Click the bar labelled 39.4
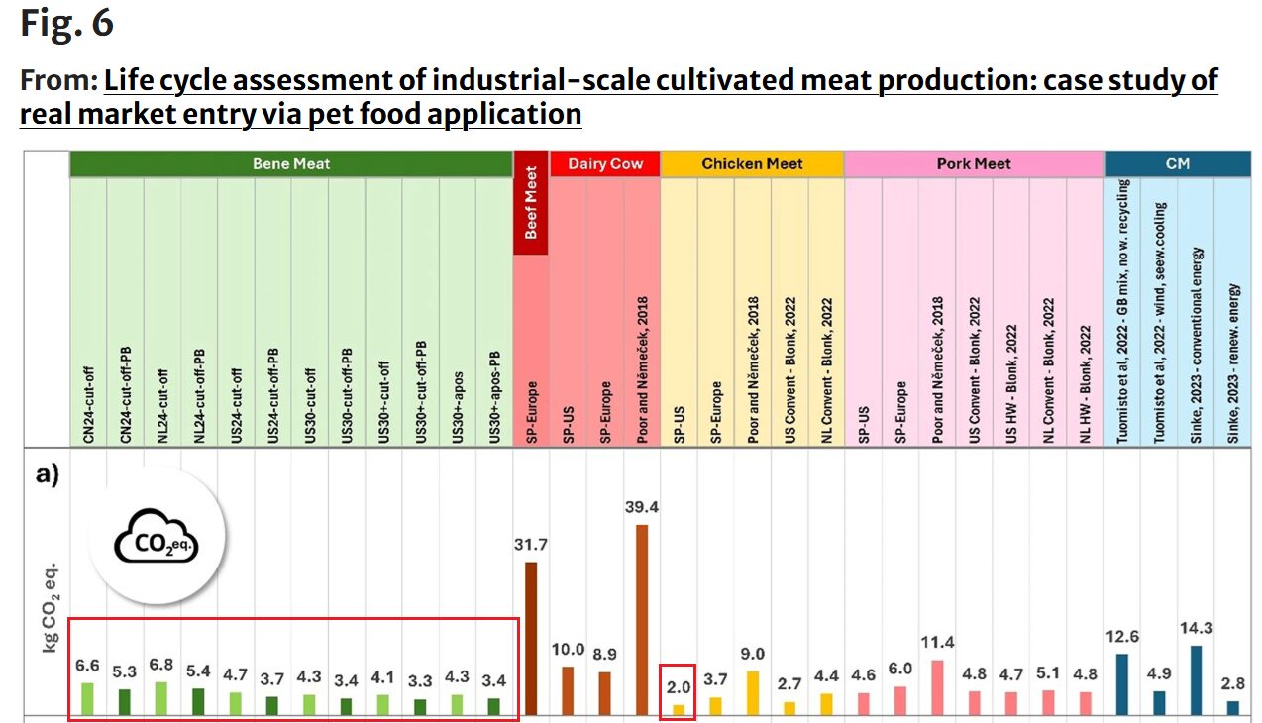click(642, 619)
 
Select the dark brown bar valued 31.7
click(531, 638)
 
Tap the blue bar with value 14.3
click(1196, 679)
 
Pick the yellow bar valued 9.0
click(753, 692)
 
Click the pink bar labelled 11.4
click(937, 687)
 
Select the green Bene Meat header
click(291, 164)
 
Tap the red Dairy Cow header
click(605, 164)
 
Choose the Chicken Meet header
click(752, 164)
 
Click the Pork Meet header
click(974, 164)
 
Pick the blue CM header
click(1177, 164)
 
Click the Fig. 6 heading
click(67, 24)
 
